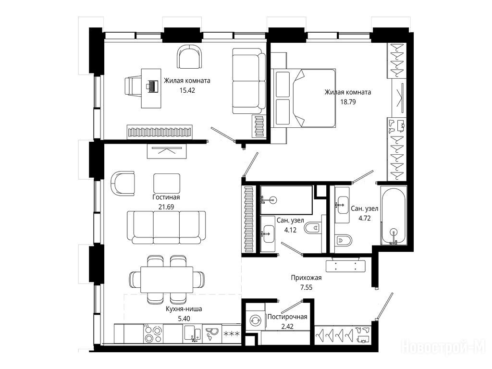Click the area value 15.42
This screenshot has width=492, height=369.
(x=187, y=90)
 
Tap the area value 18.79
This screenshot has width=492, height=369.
(x=348, y=102)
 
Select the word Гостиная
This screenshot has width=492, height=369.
(x=166, y=197)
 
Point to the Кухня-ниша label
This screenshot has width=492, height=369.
(x=184, y=309)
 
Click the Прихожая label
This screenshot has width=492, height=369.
(x=306, y=278)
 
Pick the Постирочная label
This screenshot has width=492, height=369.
(x=287, y=317)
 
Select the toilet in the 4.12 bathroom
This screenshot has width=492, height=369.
(x=312, y=227)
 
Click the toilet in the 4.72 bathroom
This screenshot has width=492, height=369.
(x=343, y=240)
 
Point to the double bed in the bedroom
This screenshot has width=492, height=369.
(x=304, y=98)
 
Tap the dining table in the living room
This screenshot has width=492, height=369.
(x=167, y=280)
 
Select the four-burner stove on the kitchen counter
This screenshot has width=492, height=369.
(x=153, y=334)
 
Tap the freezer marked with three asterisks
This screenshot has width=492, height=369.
(x=231, y=334)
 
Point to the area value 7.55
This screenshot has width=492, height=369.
(x=306, y=287)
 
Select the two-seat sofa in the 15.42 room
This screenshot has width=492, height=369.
(x=249, y=81)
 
